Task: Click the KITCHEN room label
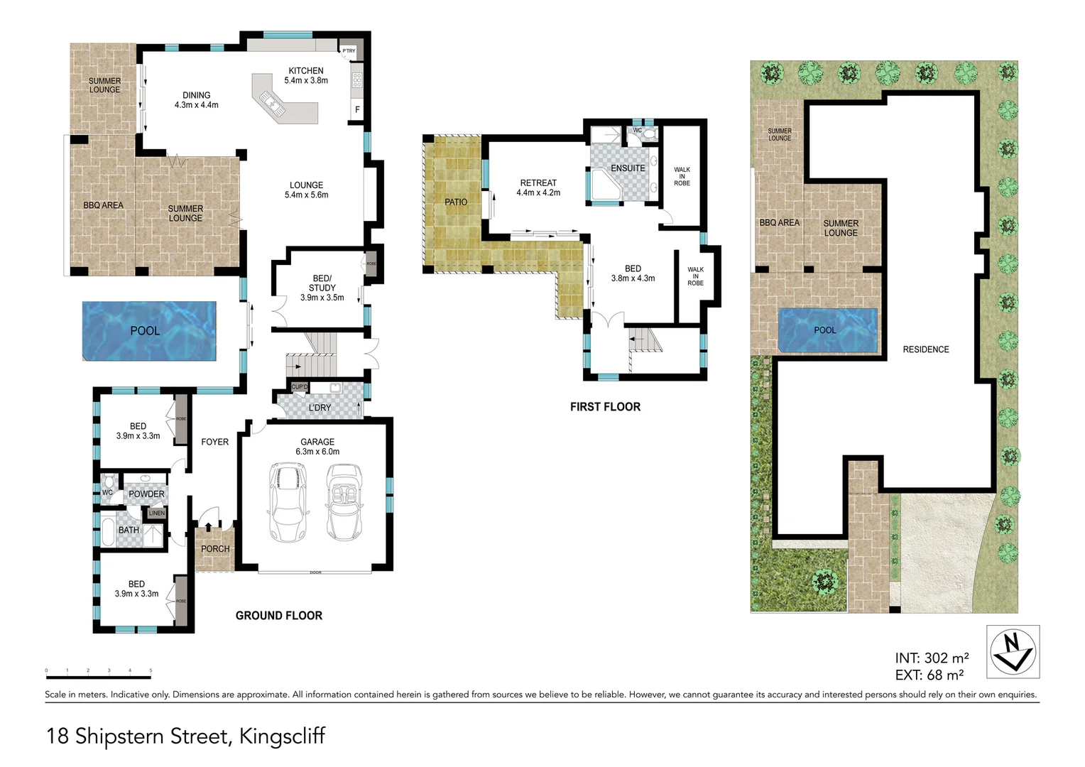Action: click(306, 71)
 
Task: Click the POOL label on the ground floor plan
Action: click(145, 331)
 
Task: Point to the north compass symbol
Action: click(1013, 651)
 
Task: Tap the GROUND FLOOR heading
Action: click(279, 616)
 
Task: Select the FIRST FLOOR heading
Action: click(605, 407)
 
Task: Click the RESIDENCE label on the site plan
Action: click(925, 349)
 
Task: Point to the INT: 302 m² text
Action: click(932, 658)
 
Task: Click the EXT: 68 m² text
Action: click(929, 675)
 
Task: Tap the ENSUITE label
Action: click(628, 168)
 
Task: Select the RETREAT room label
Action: click(538, 183)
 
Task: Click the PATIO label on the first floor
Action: click(456, 202)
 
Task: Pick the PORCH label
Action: click(215, 549)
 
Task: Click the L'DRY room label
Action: click(320, 408)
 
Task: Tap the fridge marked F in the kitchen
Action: click(357, 110)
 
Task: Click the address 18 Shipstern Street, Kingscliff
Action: click(185, 736)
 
